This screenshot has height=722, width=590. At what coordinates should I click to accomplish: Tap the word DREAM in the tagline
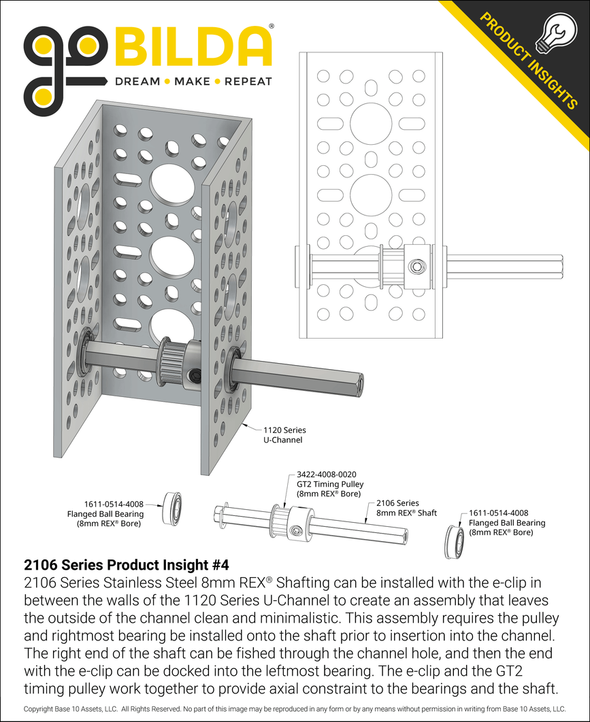tap(137, 82)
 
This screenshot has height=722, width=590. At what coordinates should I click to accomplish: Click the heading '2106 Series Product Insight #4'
tap(127, 564)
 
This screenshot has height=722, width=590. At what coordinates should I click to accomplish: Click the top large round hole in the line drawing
tap(371, 124)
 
